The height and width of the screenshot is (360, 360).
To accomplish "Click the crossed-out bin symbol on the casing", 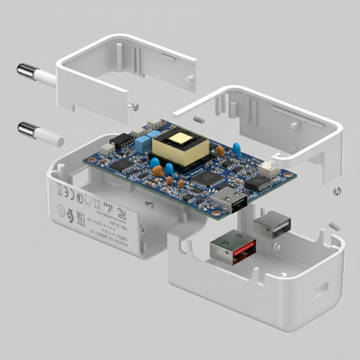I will tap(59, 189).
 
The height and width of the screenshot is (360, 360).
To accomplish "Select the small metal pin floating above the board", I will tap(198, 120).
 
